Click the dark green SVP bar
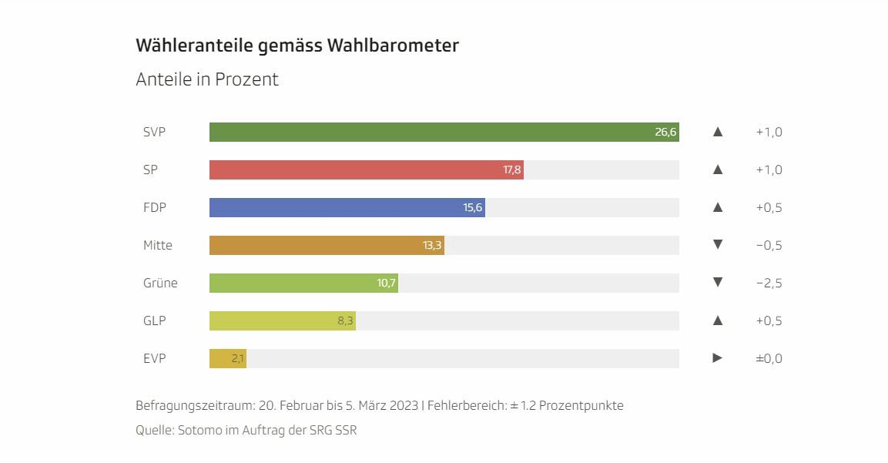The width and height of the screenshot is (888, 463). pos(431,132)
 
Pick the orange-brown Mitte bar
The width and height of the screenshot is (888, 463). pos(323,245)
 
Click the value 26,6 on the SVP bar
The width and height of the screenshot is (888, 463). pos(665,132)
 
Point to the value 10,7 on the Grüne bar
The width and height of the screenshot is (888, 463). pos(387,283)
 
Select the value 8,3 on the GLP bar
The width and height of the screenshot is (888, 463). pos(345,320)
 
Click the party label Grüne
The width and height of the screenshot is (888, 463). pos(160,283)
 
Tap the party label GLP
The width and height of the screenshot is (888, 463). pos(154,320)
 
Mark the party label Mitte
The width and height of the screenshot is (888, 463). pos(158,245)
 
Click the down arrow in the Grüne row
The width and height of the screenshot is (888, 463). pos(718,282)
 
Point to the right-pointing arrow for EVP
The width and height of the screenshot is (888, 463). pos(718,357)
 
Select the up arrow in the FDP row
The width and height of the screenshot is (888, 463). pos(718,207)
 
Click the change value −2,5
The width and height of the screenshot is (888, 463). pos(769,283)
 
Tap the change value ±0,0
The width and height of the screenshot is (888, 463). pos(769,358)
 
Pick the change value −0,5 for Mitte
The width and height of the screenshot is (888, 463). pos(769,245)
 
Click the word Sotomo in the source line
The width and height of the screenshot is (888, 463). pos(199,430)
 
